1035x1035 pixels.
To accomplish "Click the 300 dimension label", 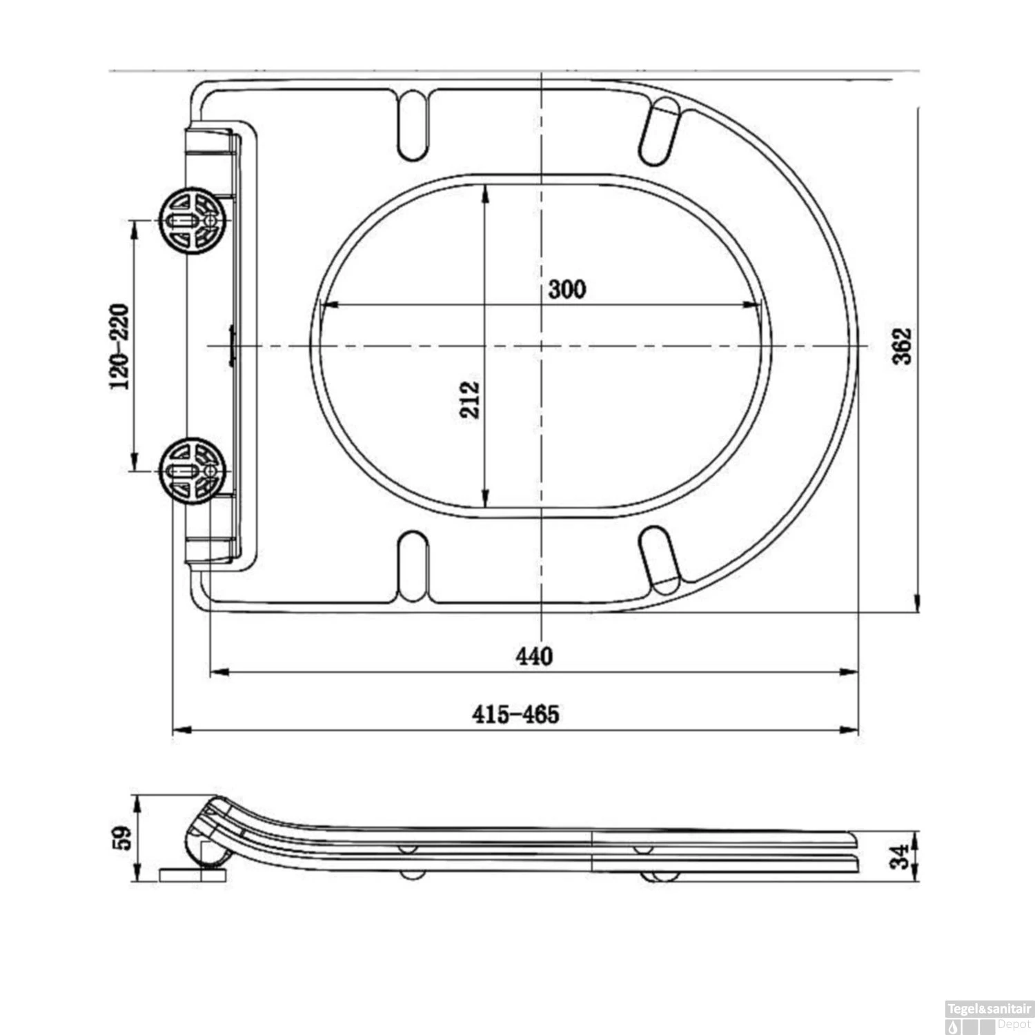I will coord(566,289).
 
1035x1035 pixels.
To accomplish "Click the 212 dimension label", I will coord(469,400).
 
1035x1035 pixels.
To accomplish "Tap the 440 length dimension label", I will coord(534,655).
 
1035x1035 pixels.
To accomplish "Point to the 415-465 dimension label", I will coord(515,714).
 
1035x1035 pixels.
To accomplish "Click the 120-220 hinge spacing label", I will coord(119,346).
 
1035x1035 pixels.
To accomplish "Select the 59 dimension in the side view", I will coord(124,838).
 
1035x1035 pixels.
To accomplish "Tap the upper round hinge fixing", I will coord(194,220).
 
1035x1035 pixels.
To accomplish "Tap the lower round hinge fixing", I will coord(194,471).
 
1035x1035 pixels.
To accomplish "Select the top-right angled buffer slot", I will coord(659,131).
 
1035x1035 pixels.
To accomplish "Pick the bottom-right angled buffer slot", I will coord(660,560).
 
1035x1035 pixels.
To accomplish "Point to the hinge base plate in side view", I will coord(193,876).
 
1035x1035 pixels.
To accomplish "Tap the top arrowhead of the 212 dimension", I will coord(485,193).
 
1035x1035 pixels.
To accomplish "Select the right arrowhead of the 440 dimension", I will coord(850,672).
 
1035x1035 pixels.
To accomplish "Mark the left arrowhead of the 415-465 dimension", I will coord(181,729).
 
